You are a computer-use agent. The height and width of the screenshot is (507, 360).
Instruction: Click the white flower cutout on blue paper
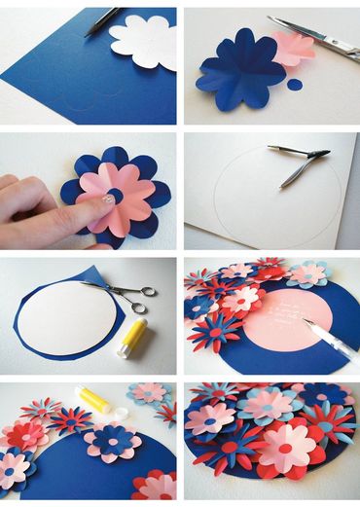point(143,40)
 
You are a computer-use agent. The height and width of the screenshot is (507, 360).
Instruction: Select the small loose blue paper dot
point(295,85)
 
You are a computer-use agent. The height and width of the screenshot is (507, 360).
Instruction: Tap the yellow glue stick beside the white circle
point(131,339)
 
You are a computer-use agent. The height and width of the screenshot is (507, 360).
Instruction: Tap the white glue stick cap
point(120,413)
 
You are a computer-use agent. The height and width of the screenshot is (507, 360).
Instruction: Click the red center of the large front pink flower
point(283,449)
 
